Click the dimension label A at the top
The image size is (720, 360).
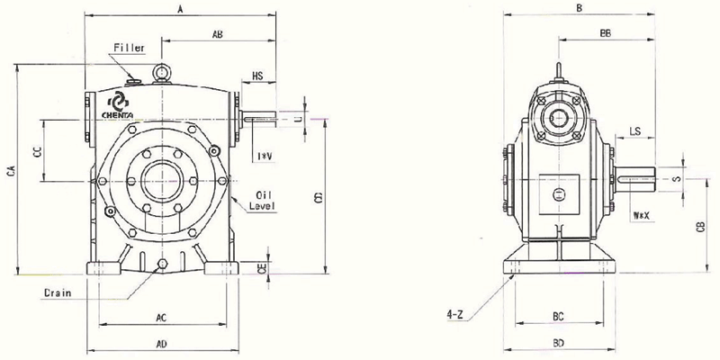pyautogui.click(x=181, y=9)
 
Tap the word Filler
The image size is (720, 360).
pyautogui.click(x=129, y=47)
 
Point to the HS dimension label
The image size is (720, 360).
pyautogui.click(x=257, y=76)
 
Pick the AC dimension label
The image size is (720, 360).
pyautogui.click(x=161, y=318)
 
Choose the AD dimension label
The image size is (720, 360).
pyautogui.click(x=161, y=344)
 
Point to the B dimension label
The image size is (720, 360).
pyautogui.click(x=579, y=8)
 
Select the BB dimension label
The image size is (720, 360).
pyautogui.click(x=605, y=33)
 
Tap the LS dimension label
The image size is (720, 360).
pyautogui.click(x=634, y=131)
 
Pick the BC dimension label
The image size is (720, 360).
pyautogui.click(x=558, y=318)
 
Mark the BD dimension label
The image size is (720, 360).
pyautogui.click(x=558, y=344)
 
